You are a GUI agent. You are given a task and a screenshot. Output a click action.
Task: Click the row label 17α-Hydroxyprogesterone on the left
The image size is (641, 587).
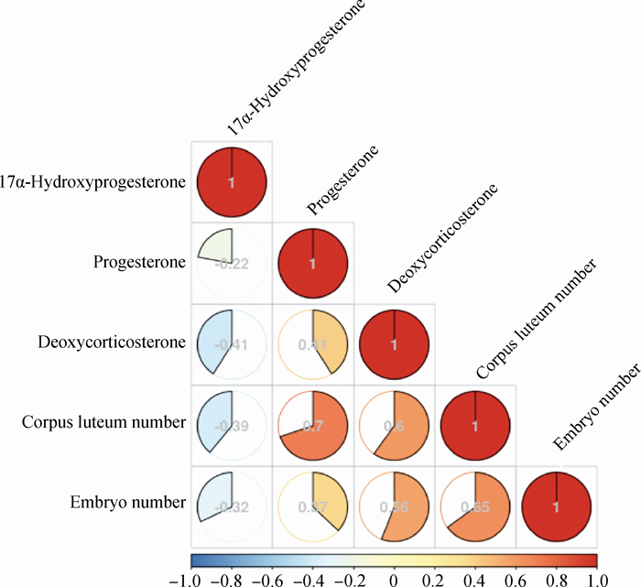93,181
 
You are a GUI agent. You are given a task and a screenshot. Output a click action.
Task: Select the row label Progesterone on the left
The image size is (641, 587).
140,262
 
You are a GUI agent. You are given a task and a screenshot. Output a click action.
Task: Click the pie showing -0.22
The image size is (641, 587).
232,263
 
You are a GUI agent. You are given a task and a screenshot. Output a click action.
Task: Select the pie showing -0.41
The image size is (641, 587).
232,343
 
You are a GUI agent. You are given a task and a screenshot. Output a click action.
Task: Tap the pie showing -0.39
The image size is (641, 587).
232,424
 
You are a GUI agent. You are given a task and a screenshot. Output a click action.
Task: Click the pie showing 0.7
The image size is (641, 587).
313,424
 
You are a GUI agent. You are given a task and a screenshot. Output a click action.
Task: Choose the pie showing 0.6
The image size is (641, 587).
394,424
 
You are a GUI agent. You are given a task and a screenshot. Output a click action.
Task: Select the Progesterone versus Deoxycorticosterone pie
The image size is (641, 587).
313,343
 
